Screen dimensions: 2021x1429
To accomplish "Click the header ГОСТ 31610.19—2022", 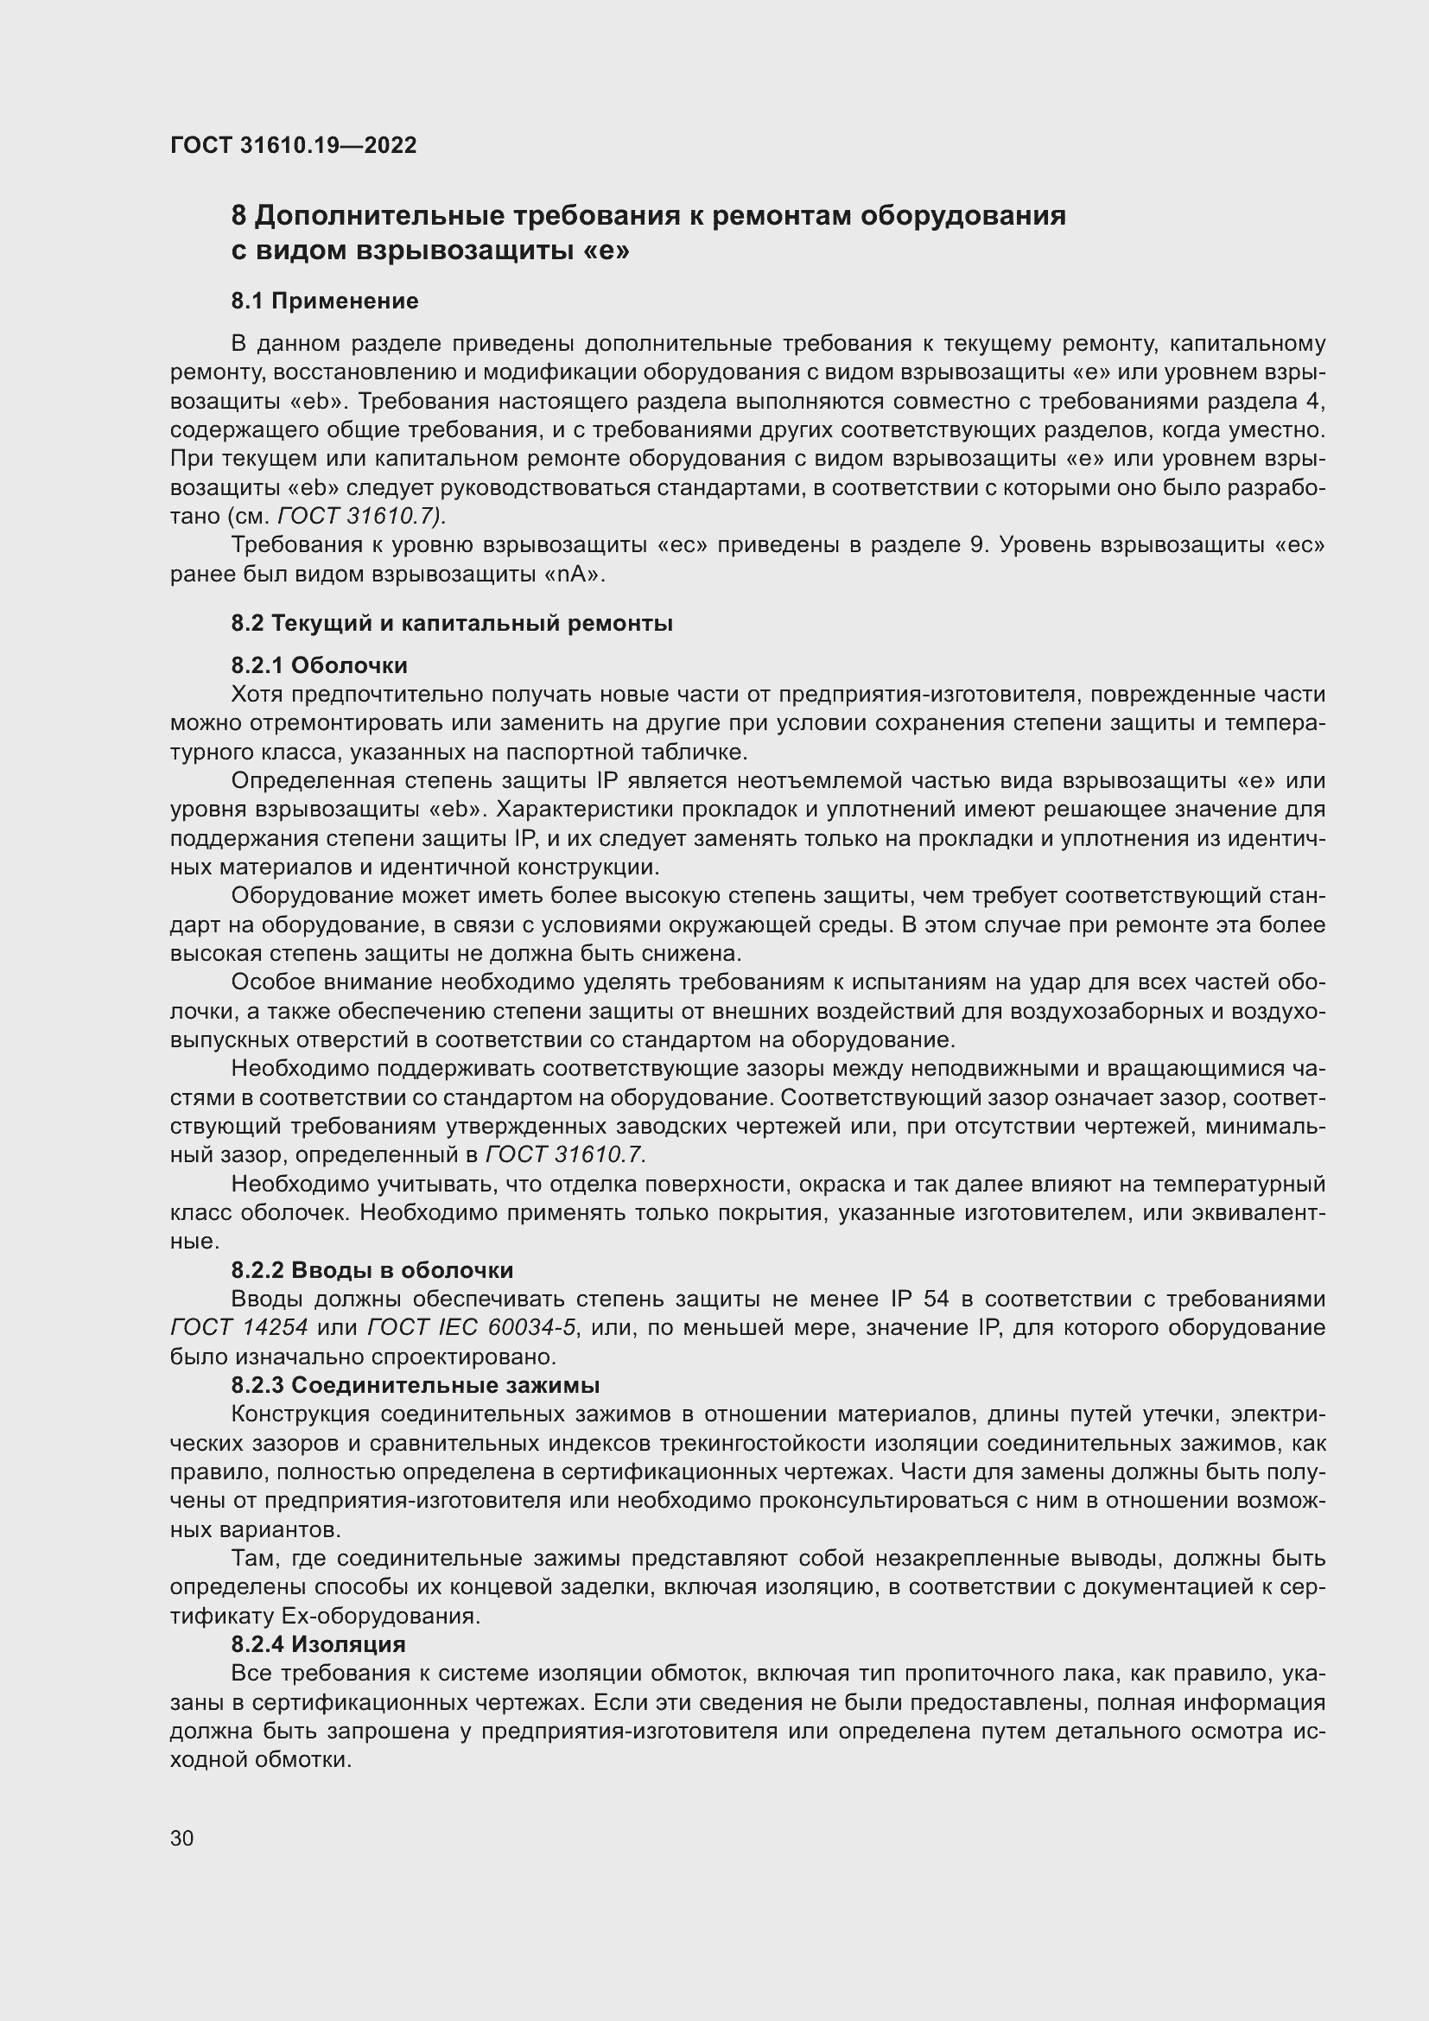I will pyautogui.click(x=293, y=145).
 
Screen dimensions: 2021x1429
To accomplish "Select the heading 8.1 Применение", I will pyautogui.click(x=325, y=301).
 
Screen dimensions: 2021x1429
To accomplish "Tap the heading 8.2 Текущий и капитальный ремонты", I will pyautogui.click(x=451, y=623).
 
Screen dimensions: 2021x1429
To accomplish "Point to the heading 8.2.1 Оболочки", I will pyautogui.click(x=320, y=664).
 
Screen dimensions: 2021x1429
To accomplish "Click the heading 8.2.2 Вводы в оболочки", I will pyautogui.click(x=372, y=1270).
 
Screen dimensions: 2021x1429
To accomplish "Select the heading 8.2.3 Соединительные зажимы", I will pyautogui.click(x=416, y=1384).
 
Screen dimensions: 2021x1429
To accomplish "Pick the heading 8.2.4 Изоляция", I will pyautogui.click(x=319, y=1643).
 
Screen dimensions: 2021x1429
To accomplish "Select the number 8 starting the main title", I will pyautogui.click(x=238, y=216).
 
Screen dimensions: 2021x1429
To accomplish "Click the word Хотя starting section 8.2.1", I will pyautogui.click(x=257, y=695).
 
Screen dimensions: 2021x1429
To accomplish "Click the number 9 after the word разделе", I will pyautogui.click(x=975, y=545).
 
